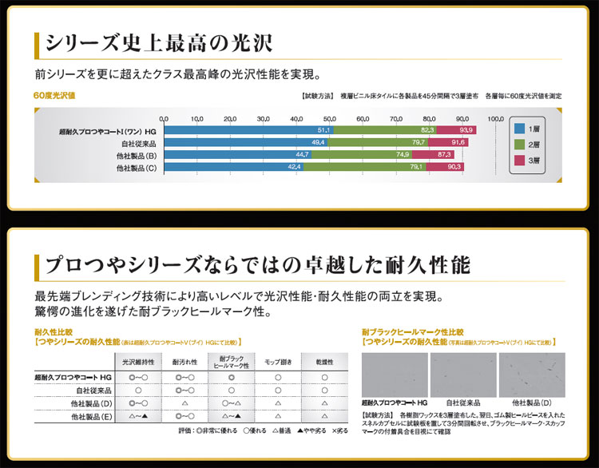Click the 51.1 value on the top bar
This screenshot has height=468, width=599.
(323, 129)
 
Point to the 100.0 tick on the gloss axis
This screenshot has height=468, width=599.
(494, 118)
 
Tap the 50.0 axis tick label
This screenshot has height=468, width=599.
(329, 118)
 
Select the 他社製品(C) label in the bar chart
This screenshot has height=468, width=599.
(137, 168)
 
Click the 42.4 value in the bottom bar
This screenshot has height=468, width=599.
(295, 168)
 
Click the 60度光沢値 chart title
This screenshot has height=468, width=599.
(54, 96)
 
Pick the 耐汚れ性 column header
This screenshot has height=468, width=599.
(184, 362)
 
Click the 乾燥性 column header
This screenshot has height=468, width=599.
(323, 362)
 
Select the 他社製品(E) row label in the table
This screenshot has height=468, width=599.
(89, 416)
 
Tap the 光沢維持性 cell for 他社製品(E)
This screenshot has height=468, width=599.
(139, 416)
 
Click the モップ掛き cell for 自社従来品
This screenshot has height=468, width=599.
(277, 390)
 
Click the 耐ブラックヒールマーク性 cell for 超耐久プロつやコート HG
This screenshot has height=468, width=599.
(231, 376)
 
